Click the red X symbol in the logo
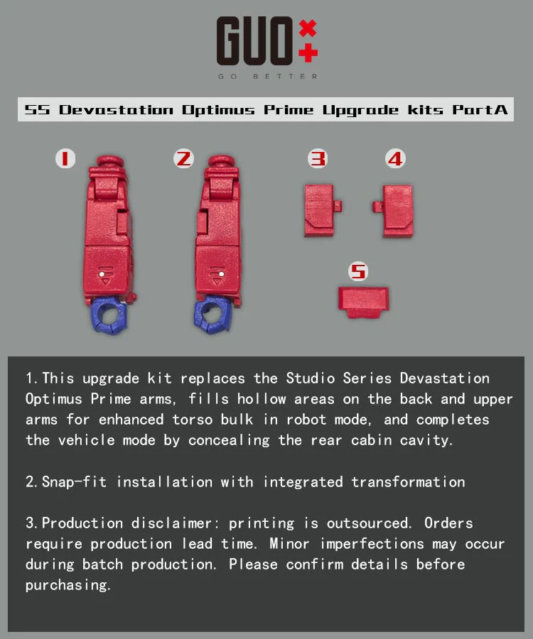coord(308,28)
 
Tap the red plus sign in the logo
coord(308,53)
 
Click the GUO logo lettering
coord(254,40)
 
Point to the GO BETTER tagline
coord(267,76)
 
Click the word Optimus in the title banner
coord(218,110)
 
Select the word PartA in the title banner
coord(480,109)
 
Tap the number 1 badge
coord(65,158)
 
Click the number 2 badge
coord(183,158)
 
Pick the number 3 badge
coord(318,158)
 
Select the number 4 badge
coord(395,158)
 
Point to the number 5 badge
coord(358,271)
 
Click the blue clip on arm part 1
coord(109,316)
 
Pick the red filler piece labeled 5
coord(363,302)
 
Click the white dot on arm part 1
coord(102,275)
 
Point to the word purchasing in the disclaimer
coord(68,585)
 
